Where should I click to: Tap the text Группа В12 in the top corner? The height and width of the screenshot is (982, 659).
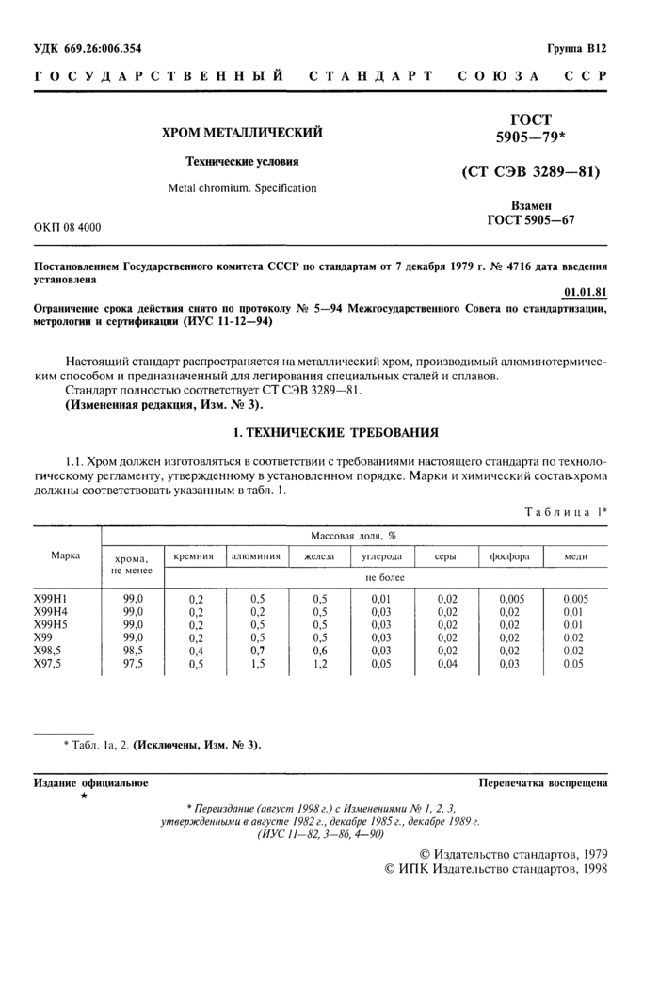click(577, 48)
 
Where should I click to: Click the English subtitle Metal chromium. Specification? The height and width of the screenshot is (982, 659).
click(242, 188)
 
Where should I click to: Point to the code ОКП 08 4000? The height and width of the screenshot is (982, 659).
click(68, 228)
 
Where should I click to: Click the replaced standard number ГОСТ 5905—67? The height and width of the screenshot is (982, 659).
click(530, 220)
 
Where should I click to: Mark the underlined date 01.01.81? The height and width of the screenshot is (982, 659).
click(585, 292)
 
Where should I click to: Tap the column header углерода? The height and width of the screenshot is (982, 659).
click(380, 556)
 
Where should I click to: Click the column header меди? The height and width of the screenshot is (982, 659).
click(575, 556)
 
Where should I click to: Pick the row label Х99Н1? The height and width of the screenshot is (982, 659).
click(52, 598)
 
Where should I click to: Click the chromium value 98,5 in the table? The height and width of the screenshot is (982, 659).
click(133, 650)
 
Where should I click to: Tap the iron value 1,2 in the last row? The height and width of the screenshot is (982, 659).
click(319, 663)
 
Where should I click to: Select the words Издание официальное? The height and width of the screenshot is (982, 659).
click(90, 782)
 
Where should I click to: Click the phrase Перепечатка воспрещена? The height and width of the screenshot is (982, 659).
click(542, 782)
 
